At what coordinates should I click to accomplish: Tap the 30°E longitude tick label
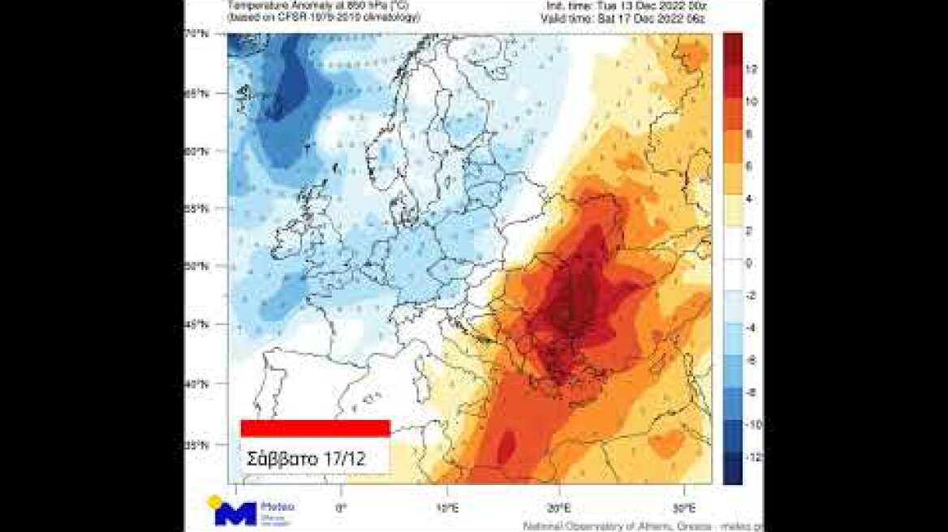(685, 508)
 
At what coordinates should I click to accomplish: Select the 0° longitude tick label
(341, 508)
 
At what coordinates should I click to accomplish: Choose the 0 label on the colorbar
(749, 264)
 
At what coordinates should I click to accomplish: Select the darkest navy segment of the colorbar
(732, 470)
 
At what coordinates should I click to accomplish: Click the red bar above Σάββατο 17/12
(315, 428)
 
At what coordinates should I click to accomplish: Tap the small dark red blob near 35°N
(506, 444)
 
